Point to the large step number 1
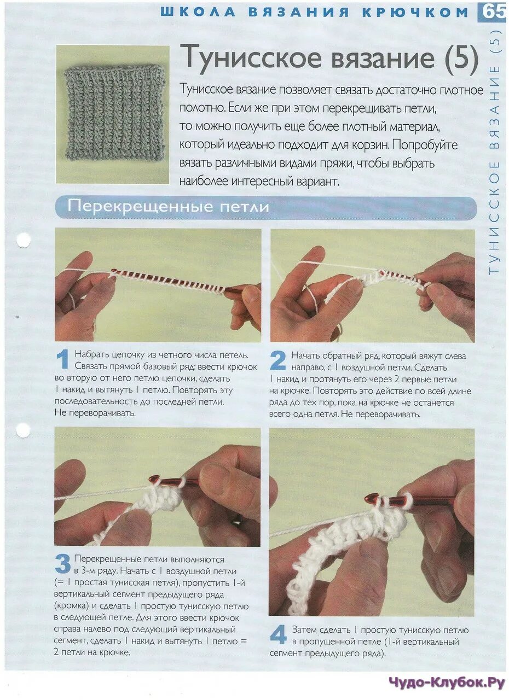point(63,359)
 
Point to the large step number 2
point(277,360)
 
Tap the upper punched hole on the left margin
point(24,241)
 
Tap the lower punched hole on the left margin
point(23,430)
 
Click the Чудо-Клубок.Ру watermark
point(447,682)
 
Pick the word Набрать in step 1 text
point(92,355)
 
